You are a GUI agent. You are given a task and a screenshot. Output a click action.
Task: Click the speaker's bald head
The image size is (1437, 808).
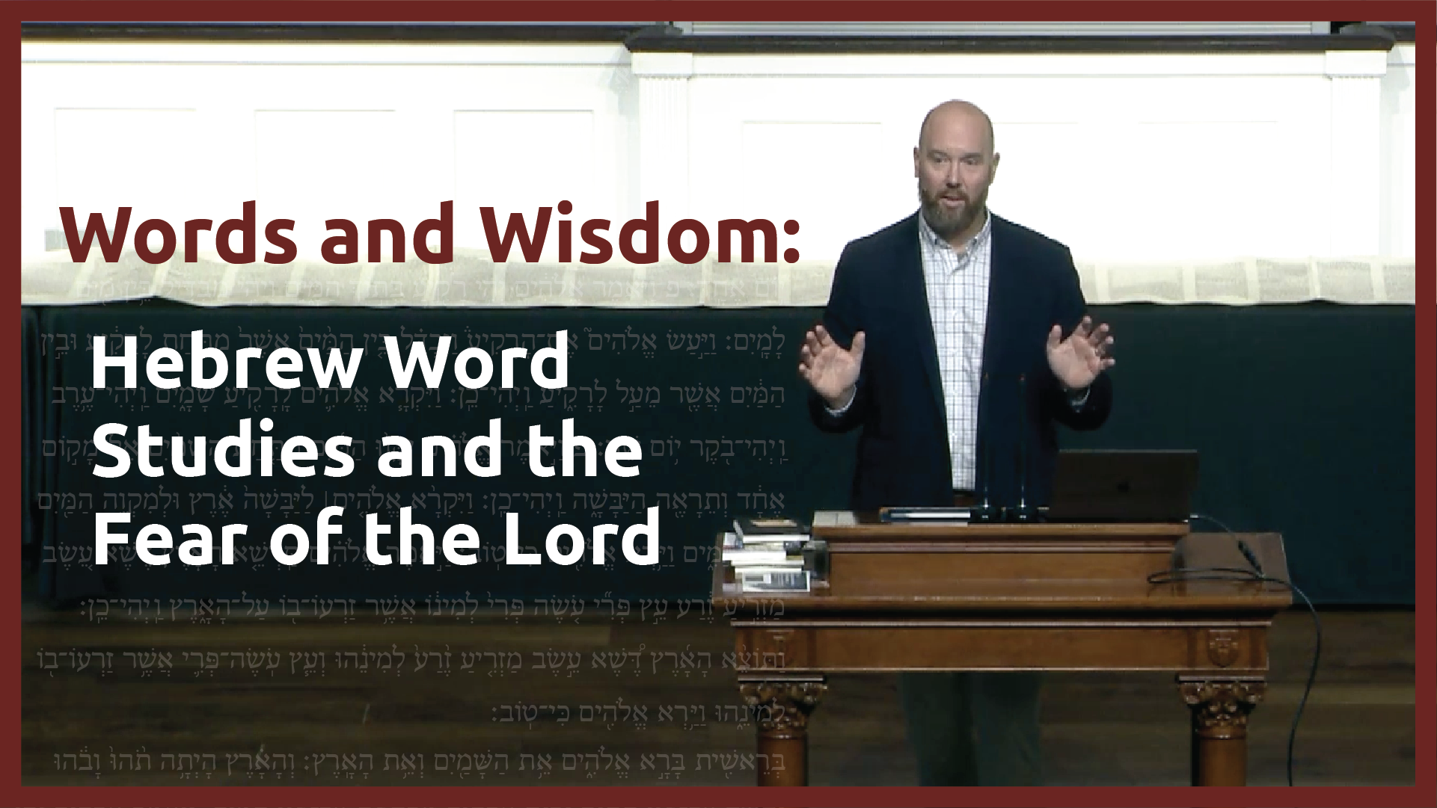(x=956, y=127)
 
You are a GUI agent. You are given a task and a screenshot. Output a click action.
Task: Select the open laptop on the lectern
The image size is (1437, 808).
(x=1122, y=486)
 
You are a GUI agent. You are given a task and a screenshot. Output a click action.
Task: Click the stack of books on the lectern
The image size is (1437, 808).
(x=767, y=553)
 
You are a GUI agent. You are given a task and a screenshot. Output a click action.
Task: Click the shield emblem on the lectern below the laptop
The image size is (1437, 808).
(x=1221, y=647)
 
